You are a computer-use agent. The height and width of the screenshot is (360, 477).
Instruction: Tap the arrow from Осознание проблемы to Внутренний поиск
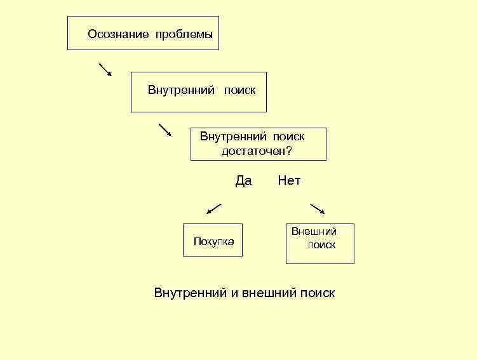point(105,70)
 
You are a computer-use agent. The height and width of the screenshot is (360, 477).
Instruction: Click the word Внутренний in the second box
point(181,90)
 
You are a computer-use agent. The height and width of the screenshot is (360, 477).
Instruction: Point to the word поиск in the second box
point(239,90)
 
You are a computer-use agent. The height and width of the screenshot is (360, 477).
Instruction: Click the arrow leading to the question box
point(165,130)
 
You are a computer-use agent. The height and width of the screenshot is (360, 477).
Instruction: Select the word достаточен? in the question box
point(257,151)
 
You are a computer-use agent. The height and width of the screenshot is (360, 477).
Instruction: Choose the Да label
point(243,181)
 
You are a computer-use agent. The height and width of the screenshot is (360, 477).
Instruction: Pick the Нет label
point(289,181)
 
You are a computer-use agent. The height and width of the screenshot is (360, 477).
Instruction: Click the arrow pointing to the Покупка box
point(214,209)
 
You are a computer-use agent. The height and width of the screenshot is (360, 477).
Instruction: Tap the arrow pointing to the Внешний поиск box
point(317,209)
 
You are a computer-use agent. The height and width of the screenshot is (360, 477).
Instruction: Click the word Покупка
point(213,242)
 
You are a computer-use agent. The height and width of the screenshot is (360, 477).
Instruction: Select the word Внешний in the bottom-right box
point(314,232)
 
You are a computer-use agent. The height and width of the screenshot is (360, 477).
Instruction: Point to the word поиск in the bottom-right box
point(321,245)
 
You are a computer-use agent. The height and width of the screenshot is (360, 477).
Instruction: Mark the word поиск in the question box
point(289,137)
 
